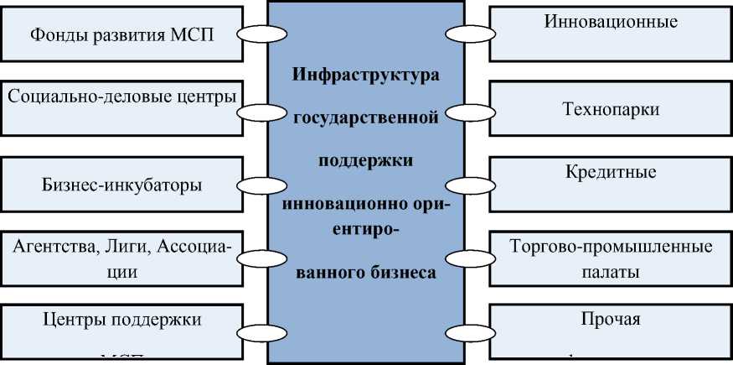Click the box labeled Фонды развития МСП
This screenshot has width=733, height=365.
[x=121, y=36]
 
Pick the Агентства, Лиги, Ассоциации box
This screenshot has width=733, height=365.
[x=121, y=258]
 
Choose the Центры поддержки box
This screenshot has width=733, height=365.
[x=121, y=331]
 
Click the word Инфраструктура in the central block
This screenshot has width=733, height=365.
[x=366, y=76]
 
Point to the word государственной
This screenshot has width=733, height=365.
[x=366, y=117]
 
